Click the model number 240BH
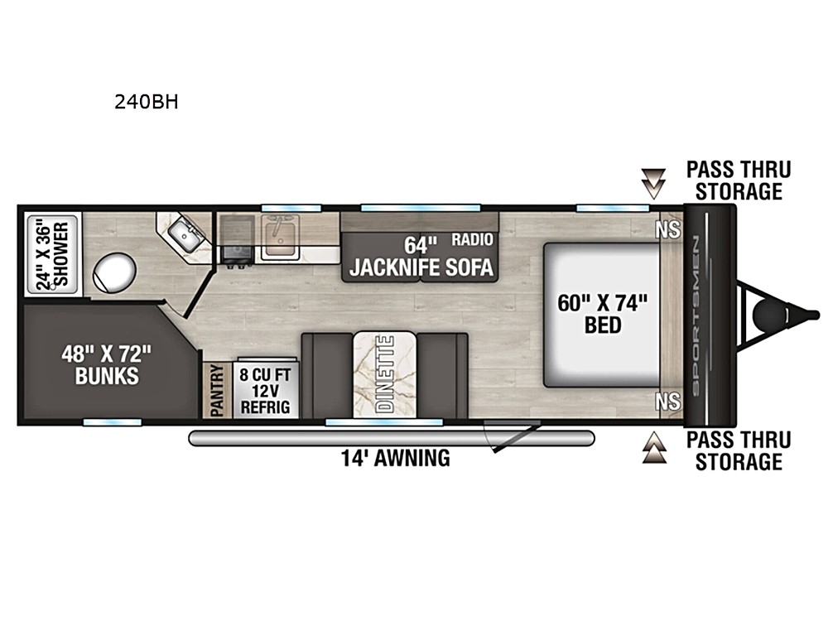pos(147,102)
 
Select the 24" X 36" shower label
pos(52,255)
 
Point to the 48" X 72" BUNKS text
pos(107,364)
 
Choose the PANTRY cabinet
pos(218,391)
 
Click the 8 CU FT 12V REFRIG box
pos(265,391)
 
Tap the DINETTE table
pos(384,374)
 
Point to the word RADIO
pos(472,239)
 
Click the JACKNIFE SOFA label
pos(421,267)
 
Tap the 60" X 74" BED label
pos(603,314)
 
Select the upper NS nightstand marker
pos(668,230)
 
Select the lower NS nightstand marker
pos(668,402)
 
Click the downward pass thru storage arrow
pos(654,184)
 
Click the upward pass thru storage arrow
pos(654,447)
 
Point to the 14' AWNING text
pos(396,458)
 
